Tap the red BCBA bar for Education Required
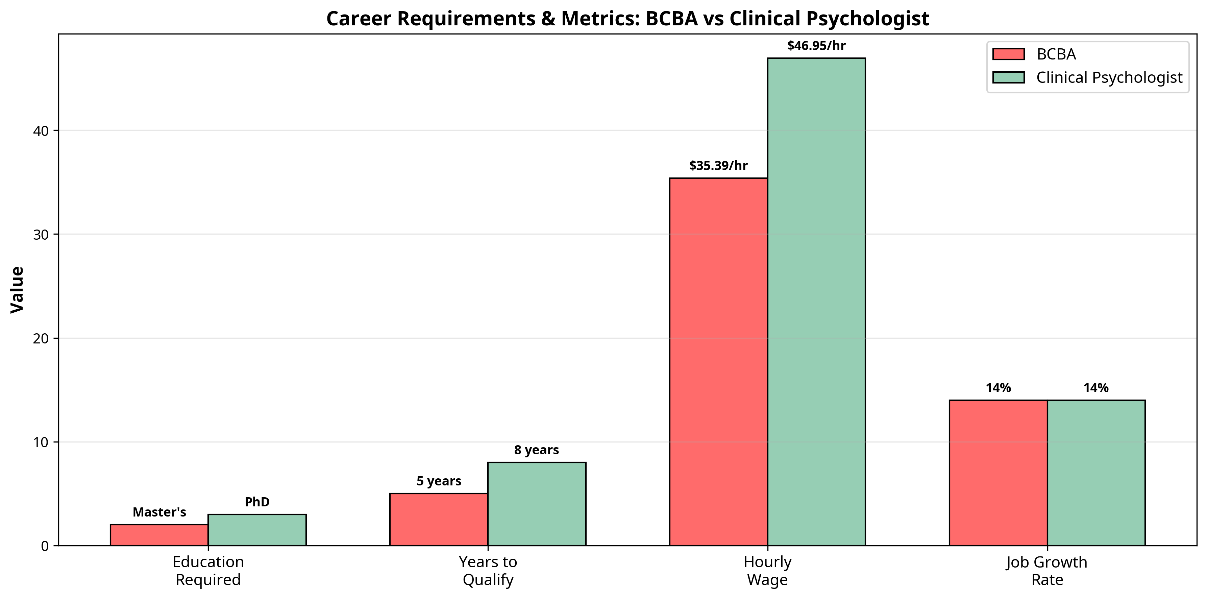[x=159, y=535]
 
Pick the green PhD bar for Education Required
[x=257, y=530]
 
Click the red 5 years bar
[x=439, y=519]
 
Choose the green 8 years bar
[x=537, y=504]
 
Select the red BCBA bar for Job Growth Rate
[x=998, y=473]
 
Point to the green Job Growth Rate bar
[x=1096, y=473]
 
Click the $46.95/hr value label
[x=816, y=45]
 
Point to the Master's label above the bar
[x=159, y=512]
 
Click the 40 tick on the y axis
[x=41, y=131]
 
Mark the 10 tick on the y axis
[x=41, y=442]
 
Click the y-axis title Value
[x=17, y=290]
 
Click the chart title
[x=627, y=19]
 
